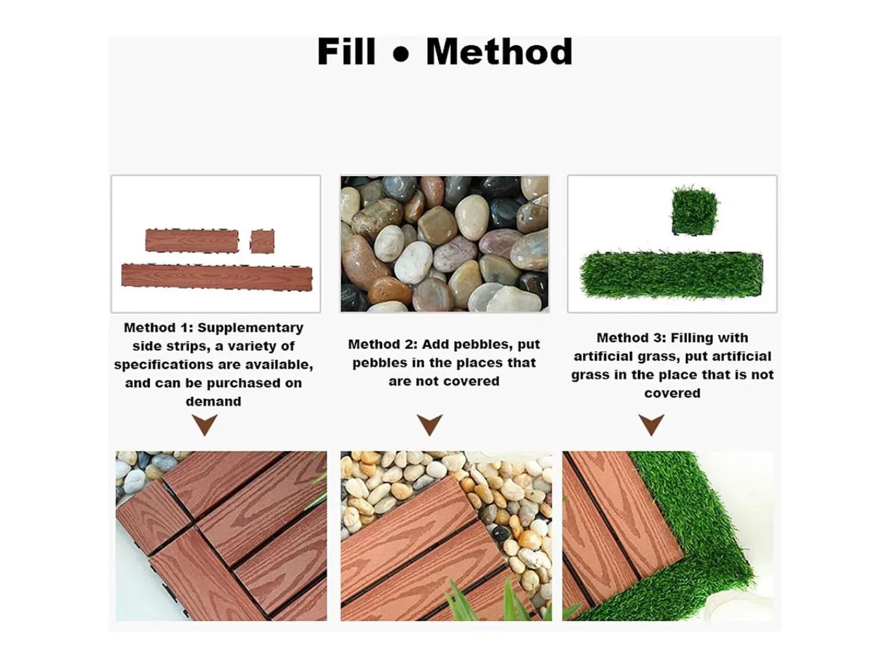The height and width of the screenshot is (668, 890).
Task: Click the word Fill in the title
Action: [347, 51]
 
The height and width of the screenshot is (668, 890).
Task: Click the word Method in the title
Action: [499, 51]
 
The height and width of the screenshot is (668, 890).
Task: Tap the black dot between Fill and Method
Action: [401, 55]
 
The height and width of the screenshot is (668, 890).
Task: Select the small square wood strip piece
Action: [262, 241]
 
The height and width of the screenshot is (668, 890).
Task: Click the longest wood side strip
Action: [217, 277]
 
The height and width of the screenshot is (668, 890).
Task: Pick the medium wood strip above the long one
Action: [192, 240]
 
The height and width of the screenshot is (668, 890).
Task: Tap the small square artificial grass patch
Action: [694, 211]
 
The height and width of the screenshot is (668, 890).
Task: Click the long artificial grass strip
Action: [671, 275]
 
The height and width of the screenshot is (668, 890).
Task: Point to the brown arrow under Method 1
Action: [205, 424]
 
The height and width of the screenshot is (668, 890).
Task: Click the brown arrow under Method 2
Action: [430, 424]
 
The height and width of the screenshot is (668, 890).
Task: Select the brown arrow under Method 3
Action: [651, 424]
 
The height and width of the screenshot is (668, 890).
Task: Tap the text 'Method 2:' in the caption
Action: [383, 344]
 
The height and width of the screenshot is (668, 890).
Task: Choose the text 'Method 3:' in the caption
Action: [631, 338]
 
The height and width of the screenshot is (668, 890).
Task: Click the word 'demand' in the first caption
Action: [213, 401]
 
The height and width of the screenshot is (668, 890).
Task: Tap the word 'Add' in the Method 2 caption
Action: [436, 344]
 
